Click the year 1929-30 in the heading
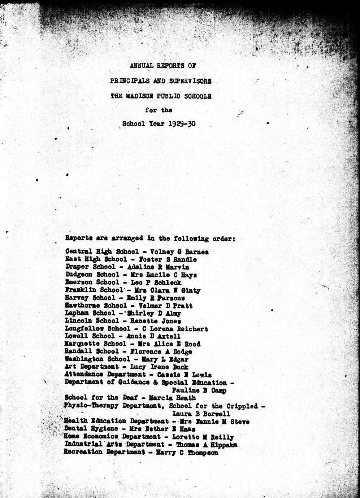pyautogui.click(x=182, y=123)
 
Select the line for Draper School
pyautogui.click(x=127, y=267)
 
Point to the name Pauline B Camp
pyautogui.click(x=199, y=390)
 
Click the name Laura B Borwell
pyautogui.click(x=201, y=414)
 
